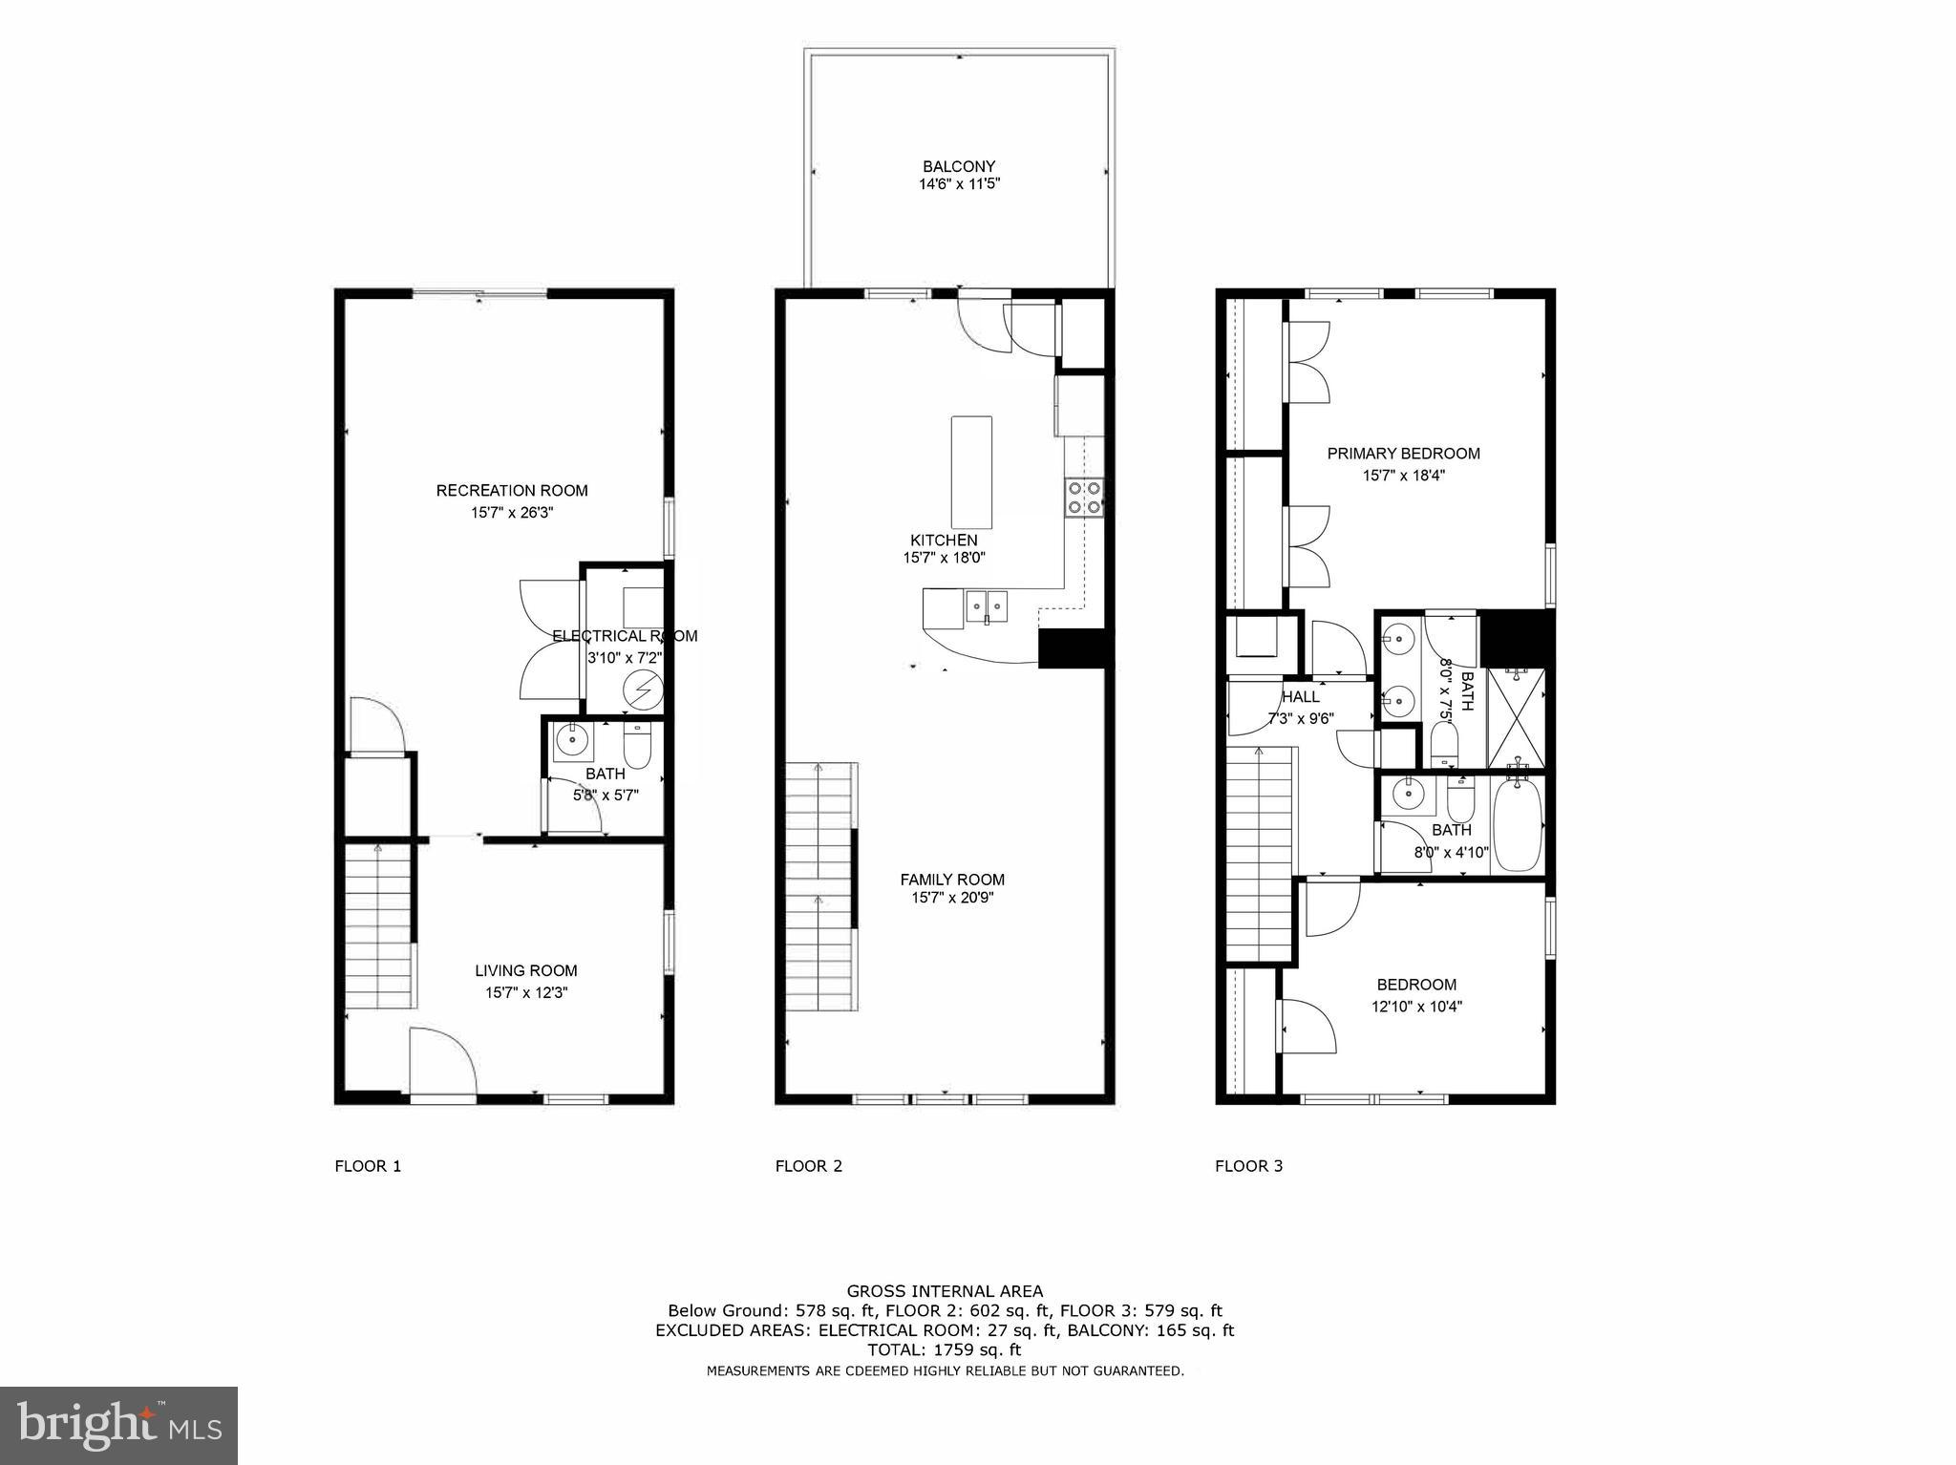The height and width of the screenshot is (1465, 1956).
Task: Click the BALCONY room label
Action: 959,166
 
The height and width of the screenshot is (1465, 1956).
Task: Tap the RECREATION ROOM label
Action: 512,491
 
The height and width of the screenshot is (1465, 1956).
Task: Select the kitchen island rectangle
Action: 971,472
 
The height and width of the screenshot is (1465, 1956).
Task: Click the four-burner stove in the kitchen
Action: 1084,497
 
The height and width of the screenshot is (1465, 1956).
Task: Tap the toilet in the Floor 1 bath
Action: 636,745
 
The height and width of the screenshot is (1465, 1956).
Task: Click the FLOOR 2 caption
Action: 809,1166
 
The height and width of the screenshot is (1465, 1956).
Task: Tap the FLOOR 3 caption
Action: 1248,1166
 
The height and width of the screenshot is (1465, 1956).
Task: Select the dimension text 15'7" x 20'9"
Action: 952,898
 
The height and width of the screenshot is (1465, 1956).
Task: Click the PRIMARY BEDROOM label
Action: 1403,454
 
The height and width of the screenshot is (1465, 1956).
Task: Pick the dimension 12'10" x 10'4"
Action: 1417,1006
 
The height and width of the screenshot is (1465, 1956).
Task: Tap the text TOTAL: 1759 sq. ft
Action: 944,1350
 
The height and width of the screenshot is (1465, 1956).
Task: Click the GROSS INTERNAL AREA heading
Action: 945,1292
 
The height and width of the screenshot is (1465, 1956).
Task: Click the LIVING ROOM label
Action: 526,971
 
